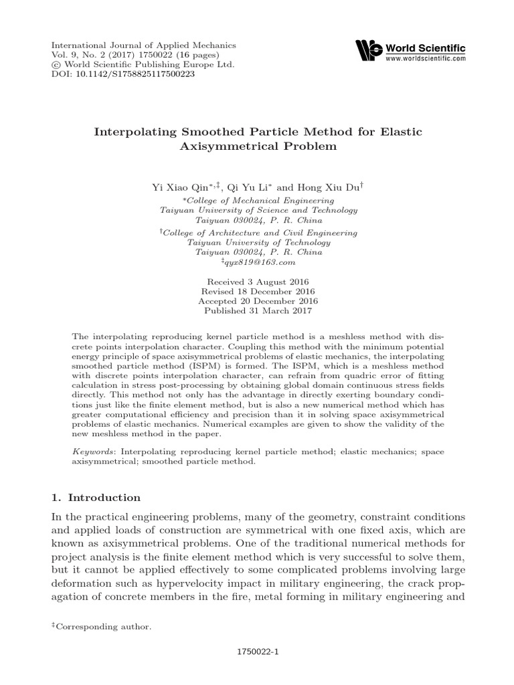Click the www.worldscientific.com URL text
(425, 60)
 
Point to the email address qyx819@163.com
(260, 263)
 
